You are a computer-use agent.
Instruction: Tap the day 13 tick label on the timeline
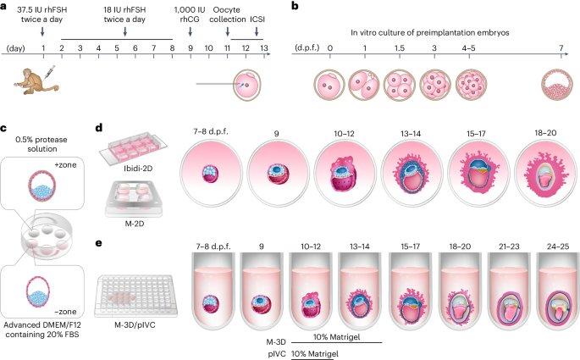point(264,49)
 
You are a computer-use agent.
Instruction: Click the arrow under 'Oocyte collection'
point(228,31)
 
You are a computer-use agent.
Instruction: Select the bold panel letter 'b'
point(293,6)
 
